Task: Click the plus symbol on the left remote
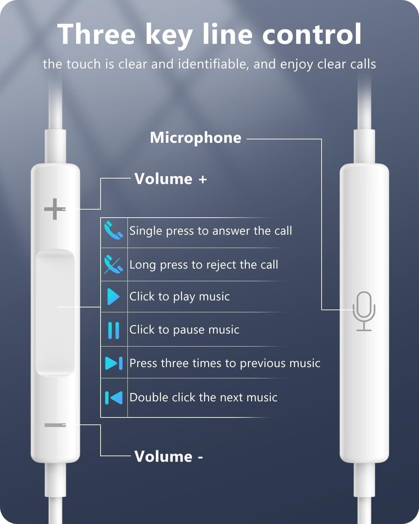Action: [x=54, y=209]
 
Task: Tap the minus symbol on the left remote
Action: [x=55, y=425]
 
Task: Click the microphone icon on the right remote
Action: [x=364, y=311]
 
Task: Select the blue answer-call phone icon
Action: [x=113, y=231]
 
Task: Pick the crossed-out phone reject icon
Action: [x=113, y=264]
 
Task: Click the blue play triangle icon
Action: [x=113, y=297]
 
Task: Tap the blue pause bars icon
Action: [x=113, y=330]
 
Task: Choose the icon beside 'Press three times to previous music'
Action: [x=114, y=363]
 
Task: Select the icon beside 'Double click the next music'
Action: [x=114, y=398]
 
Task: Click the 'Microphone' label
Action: [x=196, y=138]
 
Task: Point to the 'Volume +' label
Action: [x=171, y=179]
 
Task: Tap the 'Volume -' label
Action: [x=169, y=457]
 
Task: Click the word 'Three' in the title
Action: [x=96, y=34]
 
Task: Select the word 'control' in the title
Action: [x=311, y=34]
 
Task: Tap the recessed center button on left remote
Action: [x=55, y=313]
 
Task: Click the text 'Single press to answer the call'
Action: [x=211, y=231]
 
